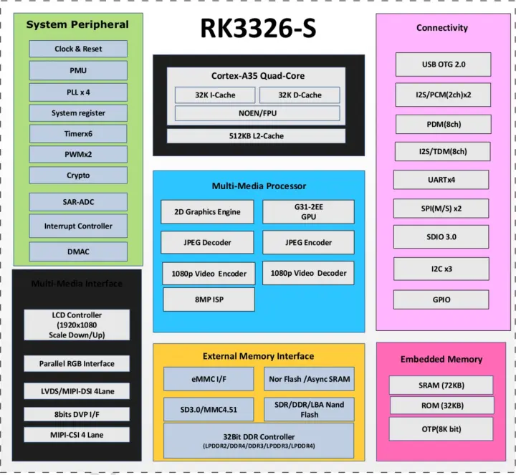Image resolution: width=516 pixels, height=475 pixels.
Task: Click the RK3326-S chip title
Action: pyautogui.click(x=257, y=29)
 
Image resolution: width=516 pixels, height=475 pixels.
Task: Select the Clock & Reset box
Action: pyautogui.click(x=78, y=49)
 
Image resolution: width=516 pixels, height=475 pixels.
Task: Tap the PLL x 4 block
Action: pyautogui.click(x=78, y=92)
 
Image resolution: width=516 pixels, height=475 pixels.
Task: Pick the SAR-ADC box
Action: pyautogui.click(x=78, y=202)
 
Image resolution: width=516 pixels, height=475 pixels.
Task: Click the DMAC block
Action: pyautogui.click(x=78, y=251)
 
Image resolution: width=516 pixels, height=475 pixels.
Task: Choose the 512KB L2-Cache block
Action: pyautogui.click(x=256, y=136)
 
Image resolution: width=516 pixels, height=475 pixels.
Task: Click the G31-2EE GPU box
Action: pyautogui.click(x=308, y=212)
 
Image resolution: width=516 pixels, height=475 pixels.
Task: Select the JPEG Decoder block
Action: pyautogui.click(x=206, y=243)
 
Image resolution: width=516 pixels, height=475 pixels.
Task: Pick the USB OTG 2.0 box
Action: pyautogui.click(x=443, y=64)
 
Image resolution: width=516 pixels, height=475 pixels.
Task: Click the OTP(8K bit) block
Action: pyautogui.click(x=441, y=429)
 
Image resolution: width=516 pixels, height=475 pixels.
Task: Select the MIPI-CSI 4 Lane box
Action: pyautogui.click(x=77, y=435)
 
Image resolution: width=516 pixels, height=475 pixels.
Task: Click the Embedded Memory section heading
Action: pyautogui.click(x=441, y=359)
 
